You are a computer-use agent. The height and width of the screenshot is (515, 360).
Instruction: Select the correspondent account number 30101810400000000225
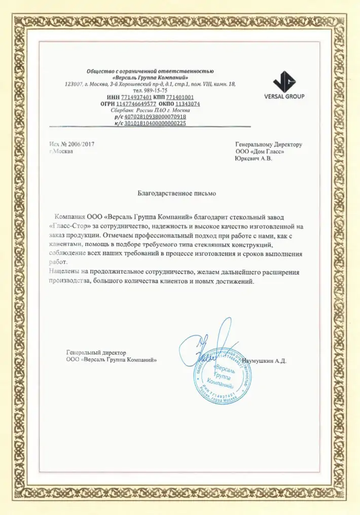158,123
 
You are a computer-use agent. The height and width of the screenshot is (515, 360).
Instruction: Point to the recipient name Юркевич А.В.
254,159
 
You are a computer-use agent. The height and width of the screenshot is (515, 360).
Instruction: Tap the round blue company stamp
223,372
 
